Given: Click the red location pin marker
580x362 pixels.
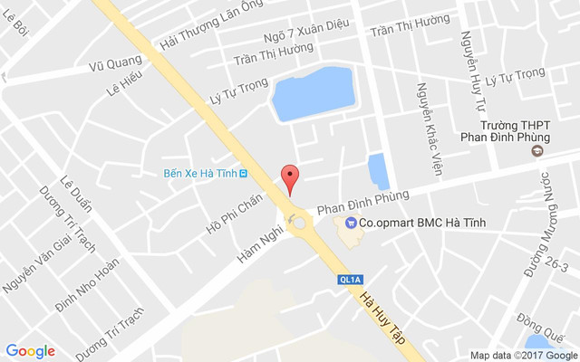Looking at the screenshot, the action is click(289, 178).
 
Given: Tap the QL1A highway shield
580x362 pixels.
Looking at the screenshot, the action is click(348, 280).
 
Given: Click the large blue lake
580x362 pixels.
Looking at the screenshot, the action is click(313, 94).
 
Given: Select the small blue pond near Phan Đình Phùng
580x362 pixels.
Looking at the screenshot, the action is click(378, 171).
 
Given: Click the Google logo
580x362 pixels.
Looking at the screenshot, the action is click(31, 351).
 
